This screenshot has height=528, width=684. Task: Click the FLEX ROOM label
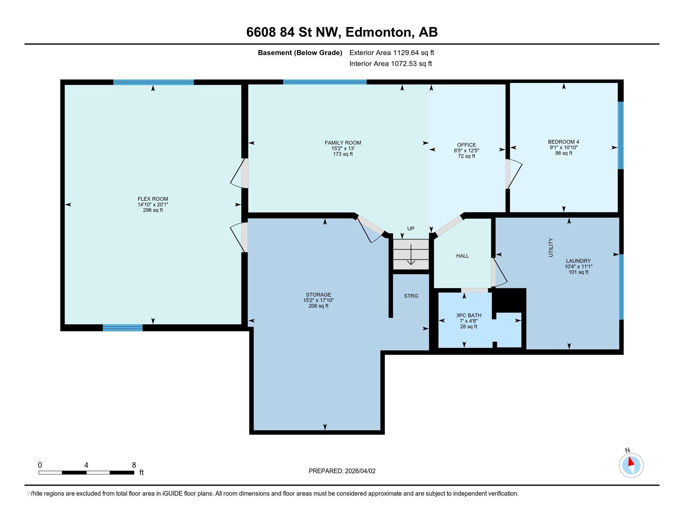[x=153, y=199]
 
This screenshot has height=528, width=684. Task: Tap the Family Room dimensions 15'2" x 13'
[x=343, y=148]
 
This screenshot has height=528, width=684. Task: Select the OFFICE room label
[x=466, y=145]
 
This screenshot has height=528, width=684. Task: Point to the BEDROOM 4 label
[x=563, y=142]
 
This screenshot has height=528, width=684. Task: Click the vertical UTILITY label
[x=551, y=248]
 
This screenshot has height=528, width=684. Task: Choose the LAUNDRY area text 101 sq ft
[x=578, y=272]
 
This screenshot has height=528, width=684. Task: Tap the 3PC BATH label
[x=469, y=315]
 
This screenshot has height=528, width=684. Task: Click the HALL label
[x=462, y=256]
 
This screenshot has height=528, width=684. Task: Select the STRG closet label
[x=411, y=296]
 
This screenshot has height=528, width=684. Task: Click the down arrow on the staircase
[x=411, y=255]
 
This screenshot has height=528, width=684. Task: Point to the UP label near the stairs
[x=411, y=229]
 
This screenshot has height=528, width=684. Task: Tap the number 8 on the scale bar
[x=134, y=465]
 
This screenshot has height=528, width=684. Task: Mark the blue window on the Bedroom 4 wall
[x=621, y=135]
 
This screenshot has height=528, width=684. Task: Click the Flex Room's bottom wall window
[x=122, y=328]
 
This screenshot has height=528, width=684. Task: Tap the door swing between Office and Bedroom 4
[x=514, y=174]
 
